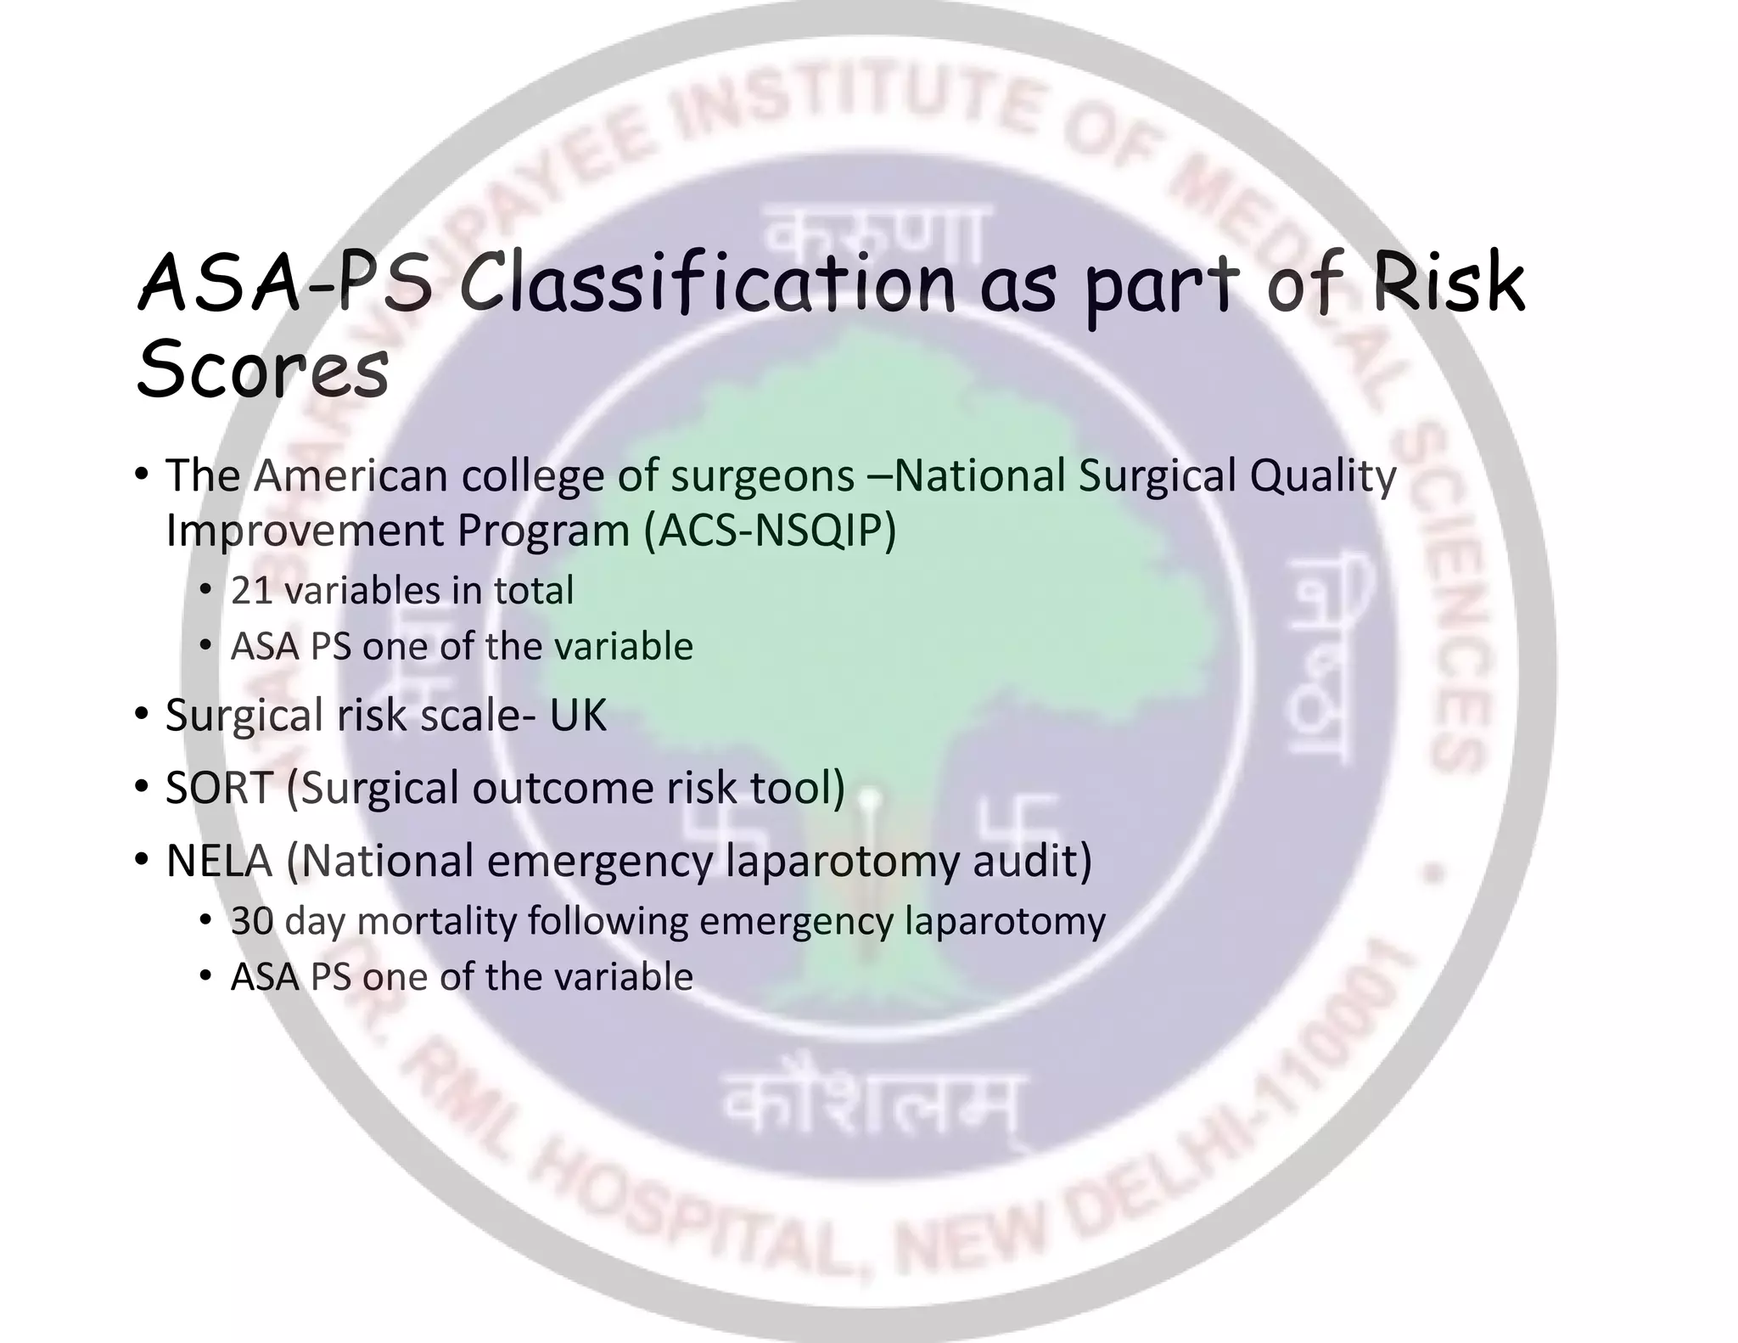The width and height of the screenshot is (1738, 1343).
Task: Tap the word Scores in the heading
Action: [262, 368]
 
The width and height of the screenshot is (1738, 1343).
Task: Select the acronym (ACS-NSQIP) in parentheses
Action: [770, 531]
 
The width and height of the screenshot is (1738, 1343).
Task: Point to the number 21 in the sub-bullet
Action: [250, 591]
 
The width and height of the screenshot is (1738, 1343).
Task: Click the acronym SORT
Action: [219, 788]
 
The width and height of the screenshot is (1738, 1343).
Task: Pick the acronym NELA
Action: [219, 861]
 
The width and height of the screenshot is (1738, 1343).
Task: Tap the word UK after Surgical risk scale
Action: [578, 715]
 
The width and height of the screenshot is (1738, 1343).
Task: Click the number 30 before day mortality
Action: [252, 921]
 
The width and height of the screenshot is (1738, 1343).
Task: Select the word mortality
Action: [437, 921]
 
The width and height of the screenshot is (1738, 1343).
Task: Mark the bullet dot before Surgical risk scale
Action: [142, 713]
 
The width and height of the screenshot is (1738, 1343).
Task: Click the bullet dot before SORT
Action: [142, 786]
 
